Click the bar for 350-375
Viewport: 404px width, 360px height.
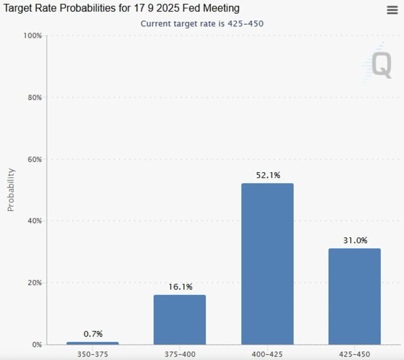point(92,343)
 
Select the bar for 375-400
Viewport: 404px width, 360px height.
point(179,320)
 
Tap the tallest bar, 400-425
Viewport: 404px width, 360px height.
point(267,264)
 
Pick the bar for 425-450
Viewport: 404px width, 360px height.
point(355,296)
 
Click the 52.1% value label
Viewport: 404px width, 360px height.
point(267,175)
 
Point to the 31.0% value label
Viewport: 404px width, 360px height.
point(355,240)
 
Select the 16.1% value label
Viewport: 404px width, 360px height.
point(179,287)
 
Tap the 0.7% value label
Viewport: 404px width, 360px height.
point(92,334)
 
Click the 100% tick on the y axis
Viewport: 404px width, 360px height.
point(32,35)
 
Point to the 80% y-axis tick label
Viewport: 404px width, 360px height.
point(34,97)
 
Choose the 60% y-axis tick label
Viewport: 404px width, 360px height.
point(34,159)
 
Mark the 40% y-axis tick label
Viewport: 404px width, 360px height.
point(34,221)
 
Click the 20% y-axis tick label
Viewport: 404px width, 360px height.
point(34,283)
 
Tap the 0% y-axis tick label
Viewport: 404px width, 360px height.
point(36,344)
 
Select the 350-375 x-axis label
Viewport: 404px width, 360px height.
point(92,355)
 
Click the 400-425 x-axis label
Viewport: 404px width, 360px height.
point(267,355)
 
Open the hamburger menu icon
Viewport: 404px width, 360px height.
point(392,10)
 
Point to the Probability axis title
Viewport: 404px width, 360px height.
point(11,189)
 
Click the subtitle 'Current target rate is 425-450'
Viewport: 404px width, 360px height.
point(202,24)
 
